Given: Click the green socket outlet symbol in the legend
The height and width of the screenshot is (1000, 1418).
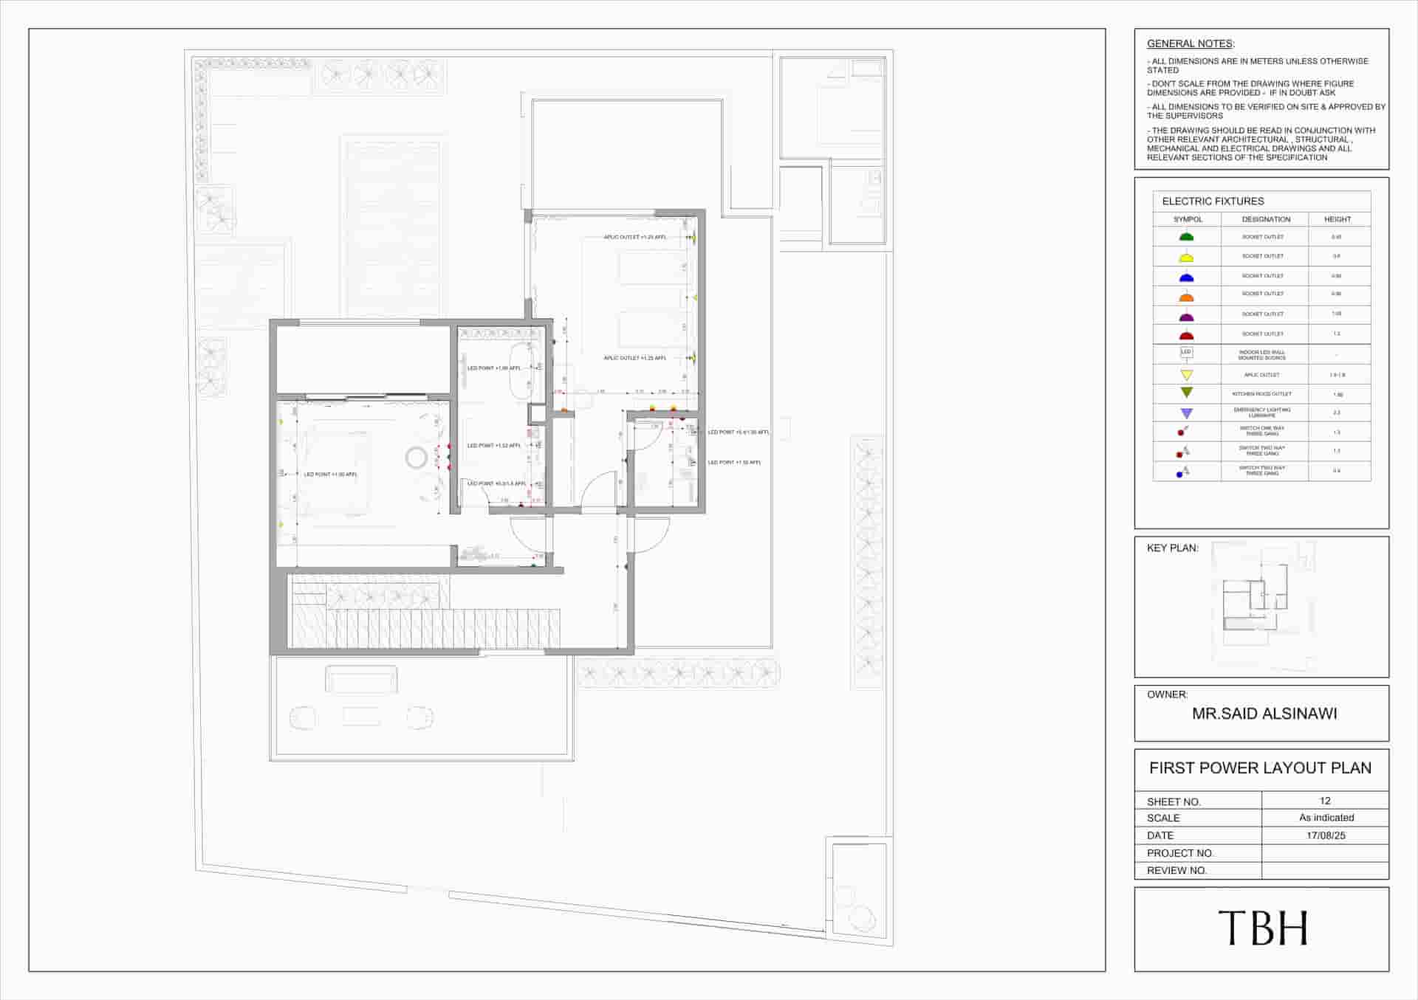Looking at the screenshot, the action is pyautogui.click(x=1186, y=237).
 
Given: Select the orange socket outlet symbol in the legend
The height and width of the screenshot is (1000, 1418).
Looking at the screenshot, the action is pyautogui.click(x=1186, y=297).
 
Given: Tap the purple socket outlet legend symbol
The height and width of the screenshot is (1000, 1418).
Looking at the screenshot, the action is pyautogui.click(x=1186, y=317).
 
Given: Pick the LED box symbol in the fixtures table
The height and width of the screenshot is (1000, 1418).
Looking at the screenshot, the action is pyautogui.click(x=1186, y=353).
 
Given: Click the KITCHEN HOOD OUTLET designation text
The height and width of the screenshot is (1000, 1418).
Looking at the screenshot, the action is pyautogui.click(x=1261, y=394).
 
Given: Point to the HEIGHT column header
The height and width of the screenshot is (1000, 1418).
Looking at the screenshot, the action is pyautogui.click(x=1337, y=219).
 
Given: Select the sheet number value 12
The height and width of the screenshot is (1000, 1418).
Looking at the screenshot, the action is pyautogui.click(x=1325, y=801).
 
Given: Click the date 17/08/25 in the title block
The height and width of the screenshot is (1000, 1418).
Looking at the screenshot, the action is pyautogui.click(x=1326, y=835).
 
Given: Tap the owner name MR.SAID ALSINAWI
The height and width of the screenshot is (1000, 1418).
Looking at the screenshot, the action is pyautogui.click(x=1264, y=714).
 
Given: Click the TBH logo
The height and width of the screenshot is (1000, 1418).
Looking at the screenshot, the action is pyautogui.click(x=1262, y=928).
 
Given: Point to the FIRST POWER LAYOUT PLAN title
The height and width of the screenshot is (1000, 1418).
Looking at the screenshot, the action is pyautogui.click(x=1260, y=768).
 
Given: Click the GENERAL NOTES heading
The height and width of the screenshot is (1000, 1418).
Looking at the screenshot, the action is pyautogui.click(x=1190, y=44).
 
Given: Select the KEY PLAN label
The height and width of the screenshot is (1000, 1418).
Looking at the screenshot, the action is pyautogui.click(x=1172, y=548).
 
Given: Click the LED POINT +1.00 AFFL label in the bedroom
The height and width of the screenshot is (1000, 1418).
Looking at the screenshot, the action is pyautogui.click(x=330, y=475).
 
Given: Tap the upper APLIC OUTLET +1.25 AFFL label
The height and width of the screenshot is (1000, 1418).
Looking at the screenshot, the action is pyautogui.click(x=634, y=238).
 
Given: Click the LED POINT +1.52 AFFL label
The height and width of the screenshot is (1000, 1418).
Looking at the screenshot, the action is pyautogui.click(x=493, y=446).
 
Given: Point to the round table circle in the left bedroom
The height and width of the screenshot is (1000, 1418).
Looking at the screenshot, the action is pyautogui.click(x=416, y=458).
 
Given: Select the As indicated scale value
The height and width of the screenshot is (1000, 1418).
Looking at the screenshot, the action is pyautogui.click(x=1326, y=818).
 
